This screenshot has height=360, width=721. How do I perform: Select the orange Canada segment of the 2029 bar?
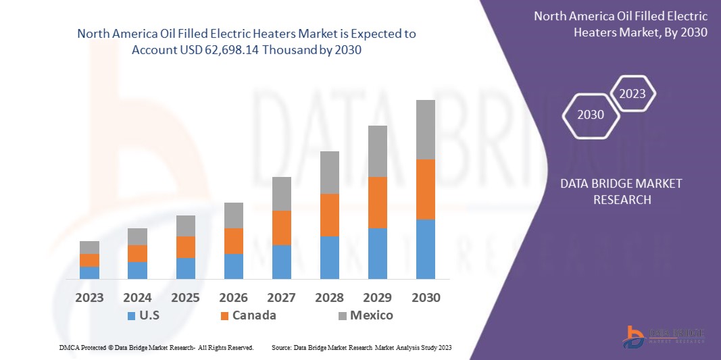click(x=377, y=203)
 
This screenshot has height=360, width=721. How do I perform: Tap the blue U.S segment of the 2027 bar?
click(x=282, y=262)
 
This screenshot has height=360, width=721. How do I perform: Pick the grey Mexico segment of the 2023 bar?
click(x=89, y=247)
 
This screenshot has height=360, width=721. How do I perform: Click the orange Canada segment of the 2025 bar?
click(x=186, y=247)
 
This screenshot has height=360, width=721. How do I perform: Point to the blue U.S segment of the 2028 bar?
click(x=330, y=257)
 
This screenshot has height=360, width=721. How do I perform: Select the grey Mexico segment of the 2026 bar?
click(x=234, y=215)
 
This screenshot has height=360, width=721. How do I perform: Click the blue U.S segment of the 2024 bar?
click(x=137, y=270)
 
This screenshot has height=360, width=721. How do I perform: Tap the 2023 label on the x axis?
click(x=89, y=298)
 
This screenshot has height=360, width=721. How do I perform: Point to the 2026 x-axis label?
click(x=234, y=298)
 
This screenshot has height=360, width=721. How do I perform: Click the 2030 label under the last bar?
click(x=426, y=298)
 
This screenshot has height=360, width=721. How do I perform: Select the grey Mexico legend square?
click(x=342, y=315)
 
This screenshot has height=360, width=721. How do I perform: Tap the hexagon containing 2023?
click(x=632, y=94)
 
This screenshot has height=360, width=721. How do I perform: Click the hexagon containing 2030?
click(x=591, y=115)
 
